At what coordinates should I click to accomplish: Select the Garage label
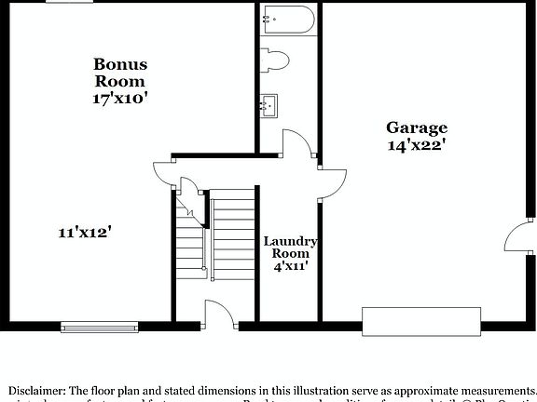tap(418, 127)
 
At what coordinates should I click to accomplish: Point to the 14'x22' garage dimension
tap(418, 145)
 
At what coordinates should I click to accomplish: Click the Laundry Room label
tap(291, 247)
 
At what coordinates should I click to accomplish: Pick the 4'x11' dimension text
tap(291, 266)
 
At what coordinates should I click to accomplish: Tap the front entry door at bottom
tap(220, 316)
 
